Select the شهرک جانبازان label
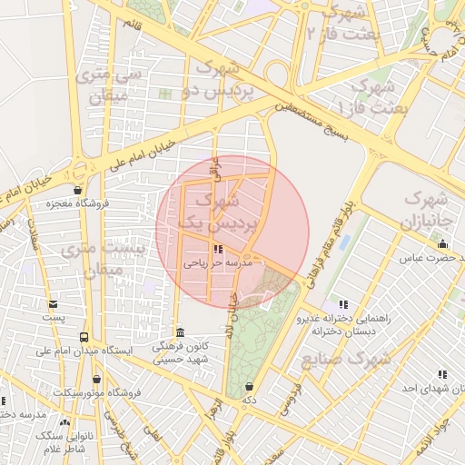point(425,209)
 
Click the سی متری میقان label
point(103,83)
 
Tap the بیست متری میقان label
point(97,258)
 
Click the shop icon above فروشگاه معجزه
point(78,191)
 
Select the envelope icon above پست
point(54,304)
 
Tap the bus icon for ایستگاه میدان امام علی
point(84,337)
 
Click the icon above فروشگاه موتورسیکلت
point(97,379)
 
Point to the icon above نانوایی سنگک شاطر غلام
point(64,422)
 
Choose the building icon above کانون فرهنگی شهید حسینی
point(180,331)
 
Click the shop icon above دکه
point(249,387)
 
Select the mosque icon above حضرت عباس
point(442,243)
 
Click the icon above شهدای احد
point(442,374)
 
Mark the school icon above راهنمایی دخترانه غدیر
point(342,304)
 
